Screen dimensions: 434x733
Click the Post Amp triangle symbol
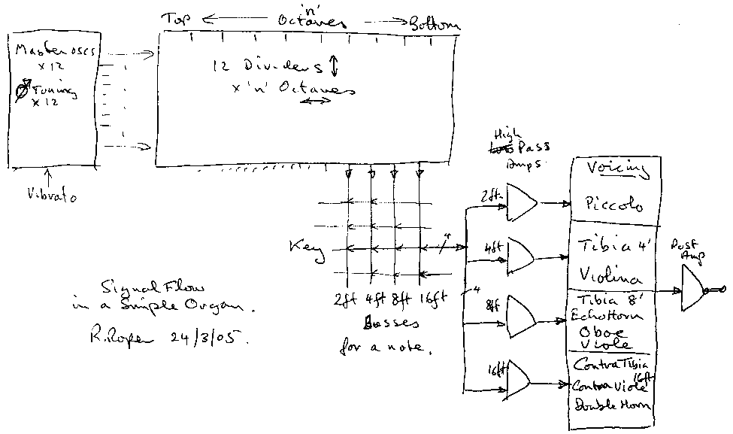pyautogui.click(x=694, y=290)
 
